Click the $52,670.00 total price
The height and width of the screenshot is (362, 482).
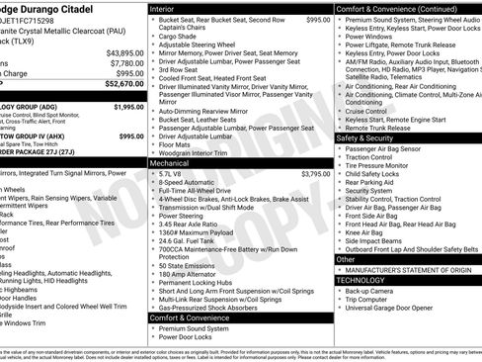[x=122, y=85]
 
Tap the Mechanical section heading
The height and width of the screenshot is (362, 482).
[x=170, y=162]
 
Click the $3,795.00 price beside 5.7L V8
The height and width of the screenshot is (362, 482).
[x=315, y=174]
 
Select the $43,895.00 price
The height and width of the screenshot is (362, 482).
[x=124, y=52]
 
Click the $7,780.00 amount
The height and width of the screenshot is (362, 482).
[x=126, y=63]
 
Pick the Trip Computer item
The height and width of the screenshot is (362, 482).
[x=367, y=300]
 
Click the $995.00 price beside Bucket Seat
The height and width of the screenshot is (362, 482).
[x=318, y=20]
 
